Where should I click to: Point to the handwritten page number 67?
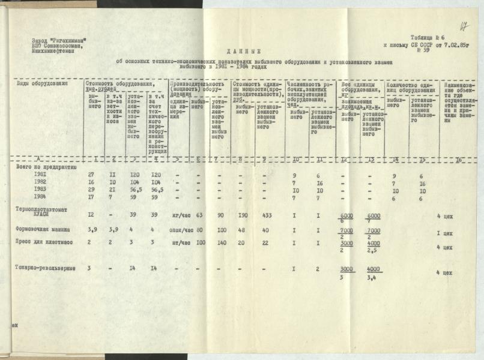pyautogui.click(x=464, y=26)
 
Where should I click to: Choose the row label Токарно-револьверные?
pyautogui.click(x=46, y=268)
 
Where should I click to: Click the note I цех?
pyautogui.click(x=444, y=233)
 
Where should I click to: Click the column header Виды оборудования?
pyautogui.click(x=40, y=83)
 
